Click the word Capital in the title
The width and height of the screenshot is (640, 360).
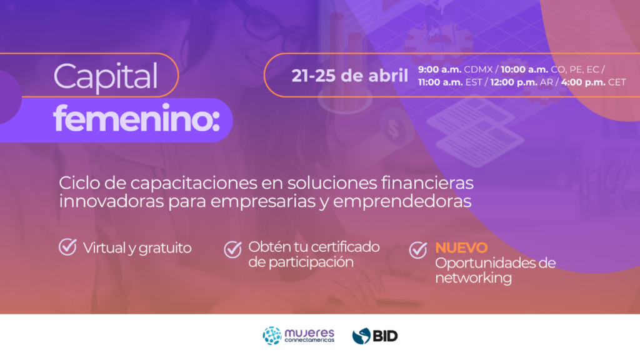[105, 77]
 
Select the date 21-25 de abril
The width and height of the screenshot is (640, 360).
[349, 76]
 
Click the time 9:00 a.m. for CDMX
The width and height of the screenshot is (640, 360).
[439, 69]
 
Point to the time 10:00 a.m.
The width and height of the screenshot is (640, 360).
[524, 69]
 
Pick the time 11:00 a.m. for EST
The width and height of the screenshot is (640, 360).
[440, 82]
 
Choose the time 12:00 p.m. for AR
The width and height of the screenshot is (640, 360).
[514, 82]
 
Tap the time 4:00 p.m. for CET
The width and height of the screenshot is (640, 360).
[583, 82]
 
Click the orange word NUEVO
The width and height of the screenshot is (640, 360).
[461, 247]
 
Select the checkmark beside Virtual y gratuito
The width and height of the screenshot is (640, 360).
[67, 247]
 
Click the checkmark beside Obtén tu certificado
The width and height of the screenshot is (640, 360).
[232, 249]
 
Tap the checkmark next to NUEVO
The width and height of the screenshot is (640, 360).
[418, 250]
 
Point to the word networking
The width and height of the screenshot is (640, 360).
[474, 278]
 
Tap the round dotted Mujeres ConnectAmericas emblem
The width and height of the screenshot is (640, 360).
[272, 336]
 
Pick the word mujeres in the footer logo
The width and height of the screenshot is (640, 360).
[309, 333]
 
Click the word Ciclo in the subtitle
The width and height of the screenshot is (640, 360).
[79, 183]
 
